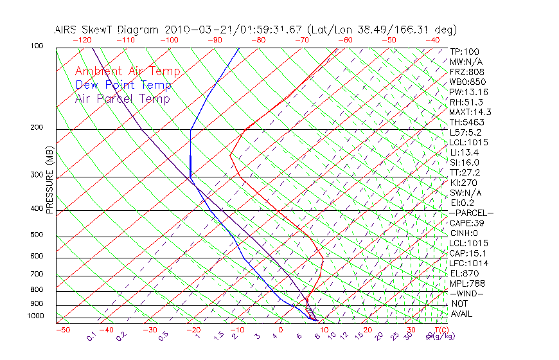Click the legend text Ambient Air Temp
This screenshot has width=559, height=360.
point(127,71)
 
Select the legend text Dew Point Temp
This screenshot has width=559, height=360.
point(123,85)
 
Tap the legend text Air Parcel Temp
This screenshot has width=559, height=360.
point(122,98)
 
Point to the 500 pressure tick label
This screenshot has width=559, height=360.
point(37,235)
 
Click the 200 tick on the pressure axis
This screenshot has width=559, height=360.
point(37,127)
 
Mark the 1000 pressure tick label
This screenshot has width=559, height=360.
point(35,316)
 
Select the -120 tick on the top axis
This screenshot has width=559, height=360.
point(82,40)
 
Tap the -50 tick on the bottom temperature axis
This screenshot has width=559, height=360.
point(63,330)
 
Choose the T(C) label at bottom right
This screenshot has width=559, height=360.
point(441,330)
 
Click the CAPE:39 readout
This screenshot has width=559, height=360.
point(467,222)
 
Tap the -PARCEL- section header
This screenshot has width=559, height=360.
point(471,213)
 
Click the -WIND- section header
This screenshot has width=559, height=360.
point(467,293)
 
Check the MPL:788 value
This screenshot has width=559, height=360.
point(467,283)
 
